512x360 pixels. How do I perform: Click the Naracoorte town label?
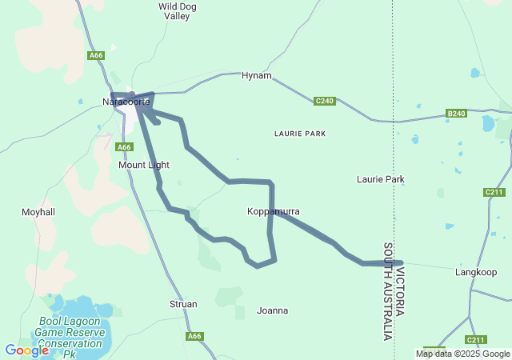(126, 102)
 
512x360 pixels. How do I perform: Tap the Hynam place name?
(257, 76)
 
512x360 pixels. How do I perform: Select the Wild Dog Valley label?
(178, 10)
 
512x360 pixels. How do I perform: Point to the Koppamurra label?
(274, 211)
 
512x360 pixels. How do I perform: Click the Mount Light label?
(144, 165)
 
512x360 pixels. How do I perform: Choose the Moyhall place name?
(38, 212)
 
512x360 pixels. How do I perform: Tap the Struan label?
(183, 304)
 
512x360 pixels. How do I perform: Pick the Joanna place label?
(273, 310)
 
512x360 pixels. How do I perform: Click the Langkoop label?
(476, 273)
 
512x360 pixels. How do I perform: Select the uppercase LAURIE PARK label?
(300, 134)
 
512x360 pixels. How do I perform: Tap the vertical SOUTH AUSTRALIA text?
(389, 291)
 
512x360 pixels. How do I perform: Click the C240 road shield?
(324, 102)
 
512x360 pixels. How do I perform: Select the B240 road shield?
(456, 114)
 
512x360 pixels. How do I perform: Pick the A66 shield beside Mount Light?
(123, 147)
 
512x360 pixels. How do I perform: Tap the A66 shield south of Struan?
(194, 337)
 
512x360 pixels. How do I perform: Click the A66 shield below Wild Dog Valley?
(97, 55)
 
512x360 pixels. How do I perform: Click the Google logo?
(27, 350)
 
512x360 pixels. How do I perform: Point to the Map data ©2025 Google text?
(462, 354)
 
